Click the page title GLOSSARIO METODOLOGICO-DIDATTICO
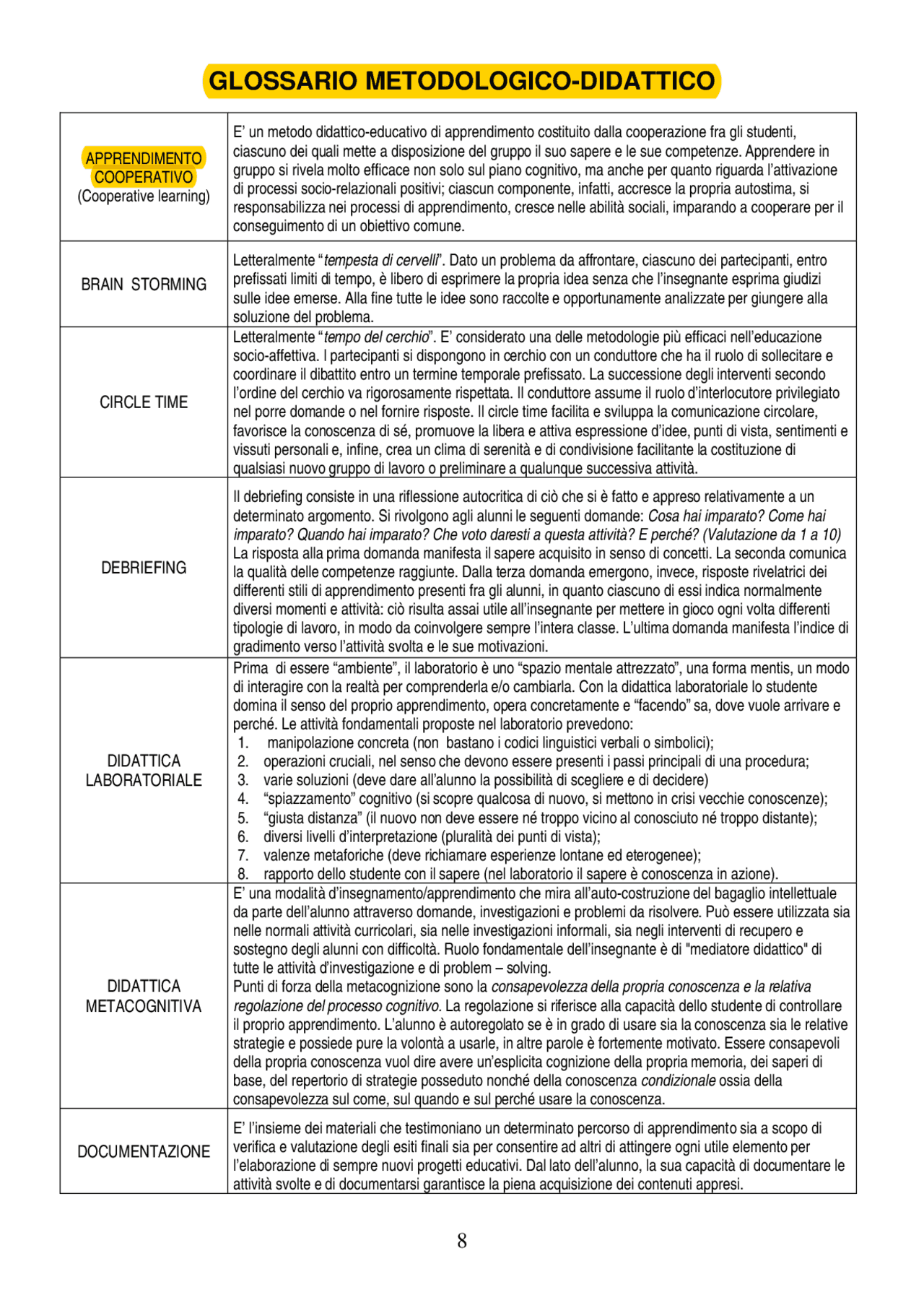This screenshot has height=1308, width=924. [462, 81]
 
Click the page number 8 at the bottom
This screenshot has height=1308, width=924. [462, 1241]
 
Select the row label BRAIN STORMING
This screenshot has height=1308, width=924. [144, 285]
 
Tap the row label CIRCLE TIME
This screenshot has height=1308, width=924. [144, 402]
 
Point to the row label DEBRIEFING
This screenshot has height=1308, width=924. [144, 568]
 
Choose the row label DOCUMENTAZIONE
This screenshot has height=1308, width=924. [144, 1151]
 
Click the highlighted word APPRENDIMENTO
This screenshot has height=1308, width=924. [144, 158]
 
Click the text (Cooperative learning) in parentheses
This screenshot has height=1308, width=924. [144, 196]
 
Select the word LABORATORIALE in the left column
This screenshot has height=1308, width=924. [144, 780]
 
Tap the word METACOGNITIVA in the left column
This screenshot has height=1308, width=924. [144, 1005]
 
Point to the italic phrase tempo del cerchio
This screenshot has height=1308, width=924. [376, 337]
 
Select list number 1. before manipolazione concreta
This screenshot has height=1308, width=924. [243, 743]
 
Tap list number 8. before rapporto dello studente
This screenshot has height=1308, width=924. [243, 874]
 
